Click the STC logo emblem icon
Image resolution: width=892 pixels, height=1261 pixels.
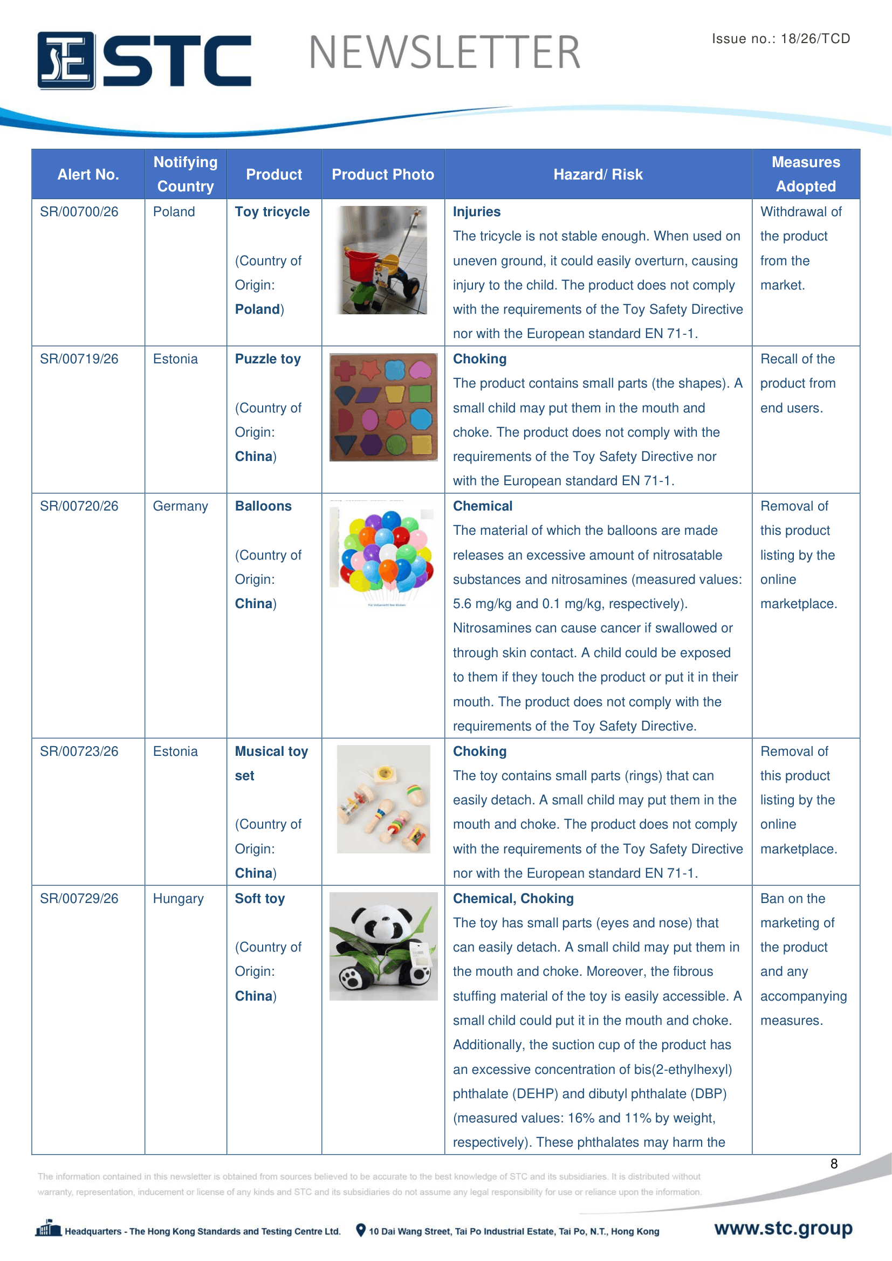(x=66, y=60)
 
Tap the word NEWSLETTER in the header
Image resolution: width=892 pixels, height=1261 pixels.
(x=444, y=53)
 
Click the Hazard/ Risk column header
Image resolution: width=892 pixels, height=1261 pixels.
(x=598, y=175)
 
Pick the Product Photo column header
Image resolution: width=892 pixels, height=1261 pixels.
(x=383, y=175)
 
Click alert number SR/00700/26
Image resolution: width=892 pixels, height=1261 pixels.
(x=79, y=212)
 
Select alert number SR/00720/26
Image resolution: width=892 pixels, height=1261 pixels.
(x=79, y=506)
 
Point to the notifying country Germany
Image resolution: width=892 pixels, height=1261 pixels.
(x=180, y=506)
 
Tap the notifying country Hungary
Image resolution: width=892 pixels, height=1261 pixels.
(x=178, y=899)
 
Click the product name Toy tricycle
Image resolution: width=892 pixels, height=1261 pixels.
(x=272, y=212)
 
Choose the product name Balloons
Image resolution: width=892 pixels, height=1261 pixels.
(x=263, y=506)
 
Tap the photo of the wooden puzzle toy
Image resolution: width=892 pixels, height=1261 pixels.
(x=383, y=407)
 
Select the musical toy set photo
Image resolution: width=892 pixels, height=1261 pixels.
(x=383, y=799)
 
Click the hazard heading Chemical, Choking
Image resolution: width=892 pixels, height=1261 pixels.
(x=513, y=899)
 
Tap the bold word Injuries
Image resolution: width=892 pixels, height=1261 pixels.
(x=476, y=212)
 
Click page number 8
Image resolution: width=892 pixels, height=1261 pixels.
(x=834, y=1164)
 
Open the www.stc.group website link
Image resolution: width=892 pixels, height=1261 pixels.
(x=783, y=1228)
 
